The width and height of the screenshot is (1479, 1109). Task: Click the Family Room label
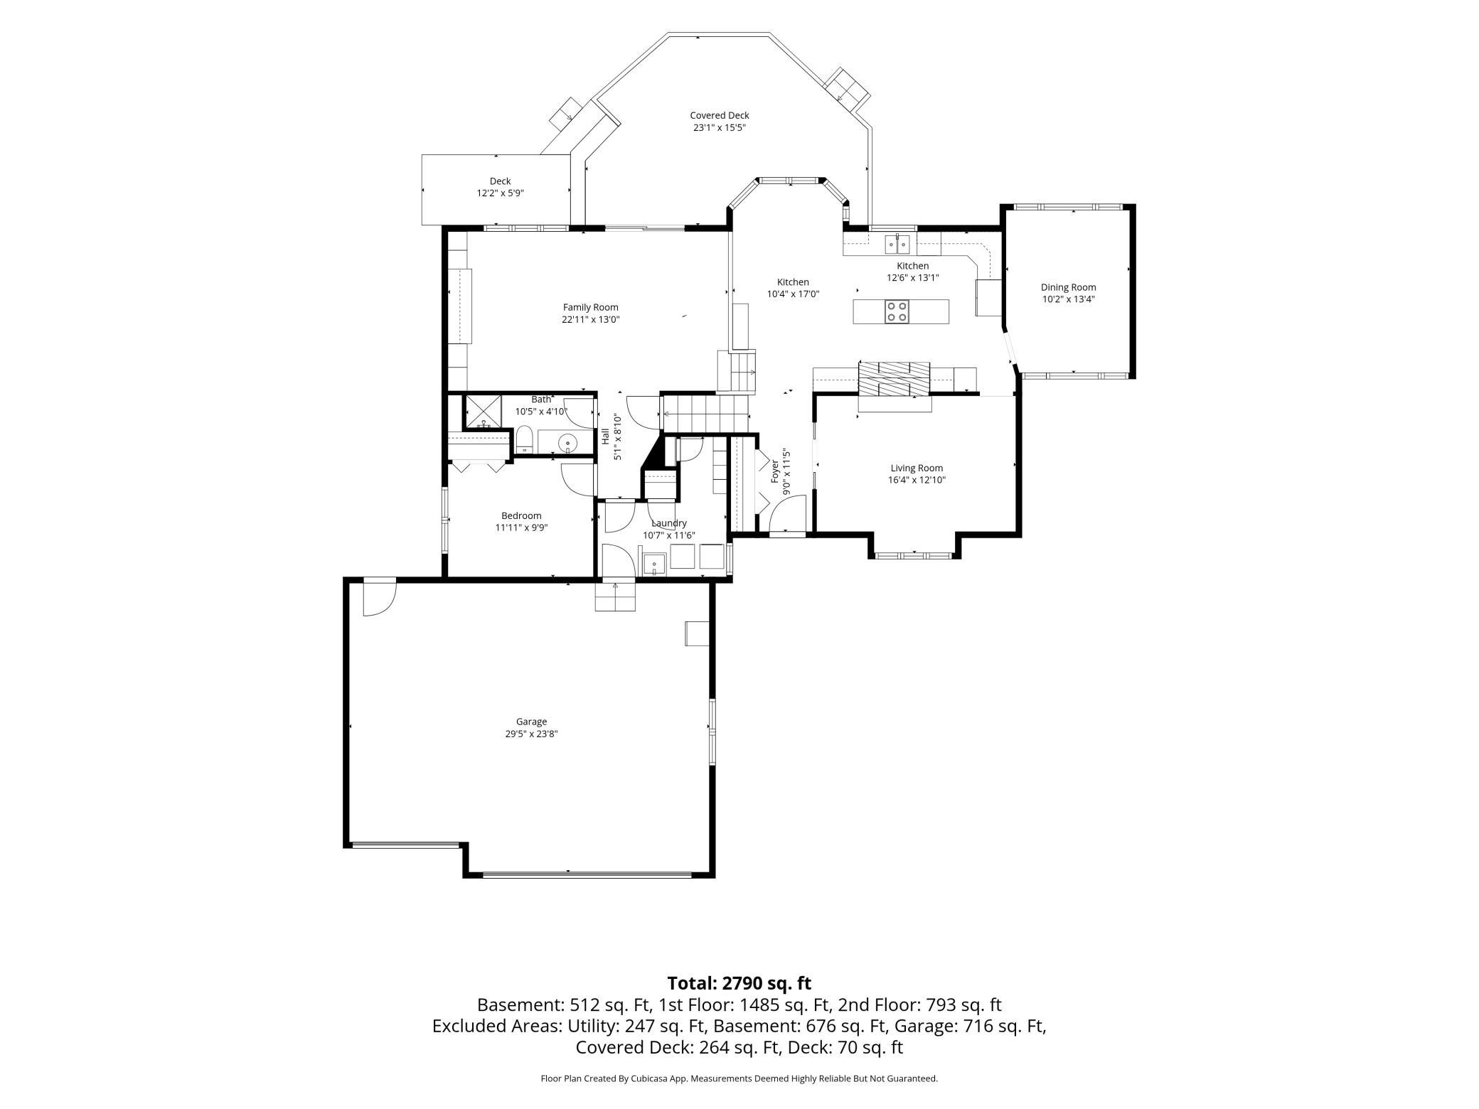point(590,307)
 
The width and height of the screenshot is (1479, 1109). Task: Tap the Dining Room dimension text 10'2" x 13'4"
point(1068,299)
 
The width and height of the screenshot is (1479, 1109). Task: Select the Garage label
point(531,722)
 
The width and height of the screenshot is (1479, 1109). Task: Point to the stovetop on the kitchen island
point(896,311)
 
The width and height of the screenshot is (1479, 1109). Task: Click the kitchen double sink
point(897,244)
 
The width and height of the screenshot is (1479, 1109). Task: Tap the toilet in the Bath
point(524,439)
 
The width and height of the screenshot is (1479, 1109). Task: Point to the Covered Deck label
point(719,115)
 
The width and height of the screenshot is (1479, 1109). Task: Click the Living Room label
point(917,468)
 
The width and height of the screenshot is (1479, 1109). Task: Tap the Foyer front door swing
point(788,513)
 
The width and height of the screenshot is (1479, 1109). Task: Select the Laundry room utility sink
point(654,564)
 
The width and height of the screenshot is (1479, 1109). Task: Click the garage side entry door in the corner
point(379,598)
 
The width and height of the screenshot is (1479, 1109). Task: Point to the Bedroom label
point(521,516)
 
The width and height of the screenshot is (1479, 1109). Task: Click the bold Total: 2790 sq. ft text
point(739,983)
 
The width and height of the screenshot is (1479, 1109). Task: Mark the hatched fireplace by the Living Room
point(894,379)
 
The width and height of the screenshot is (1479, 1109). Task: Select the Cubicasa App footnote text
point(739,1078)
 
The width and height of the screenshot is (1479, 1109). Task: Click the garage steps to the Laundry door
point(615,596)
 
